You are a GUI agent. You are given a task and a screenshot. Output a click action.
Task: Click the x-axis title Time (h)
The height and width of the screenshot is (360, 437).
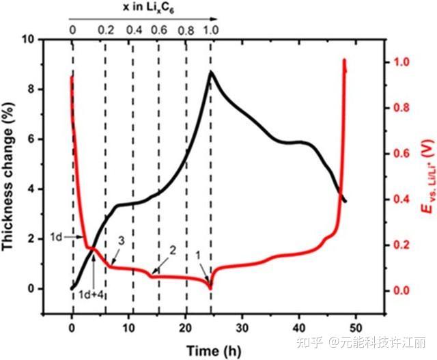[213, 350]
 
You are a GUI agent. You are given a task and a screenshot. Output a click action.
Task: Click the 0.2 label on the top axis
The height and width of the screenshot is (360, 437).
[106, 30]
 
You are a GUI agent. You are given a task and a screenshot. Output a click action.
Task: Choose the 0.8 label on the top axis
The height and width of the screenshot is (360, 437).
[185, 30]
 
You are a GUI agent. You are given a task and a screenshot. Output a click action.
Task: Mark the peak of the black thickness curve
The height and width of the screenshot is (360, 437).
[211, 72]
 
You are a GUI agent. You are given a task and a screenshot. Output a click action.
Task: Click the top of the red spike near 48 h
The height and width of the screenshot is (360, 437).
[344, 60]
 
